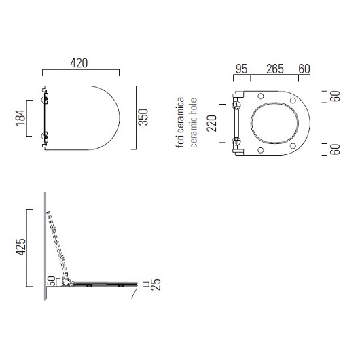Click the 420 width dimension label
tap(79, 63)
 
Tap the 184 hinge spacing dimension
tap(20, 118)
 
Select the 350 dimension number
tap(143, 117)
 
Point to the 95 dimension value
tap(242, 69)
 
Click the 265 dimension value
tap(275, 69)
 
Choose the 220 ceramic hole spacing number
tap(212, 124)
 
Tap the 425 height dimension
tap(20, 247)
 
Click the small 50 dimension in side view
tap(52, 281)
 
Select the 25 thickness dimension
tap(156, 285)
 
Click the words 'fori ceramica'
tap(181, 122)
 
